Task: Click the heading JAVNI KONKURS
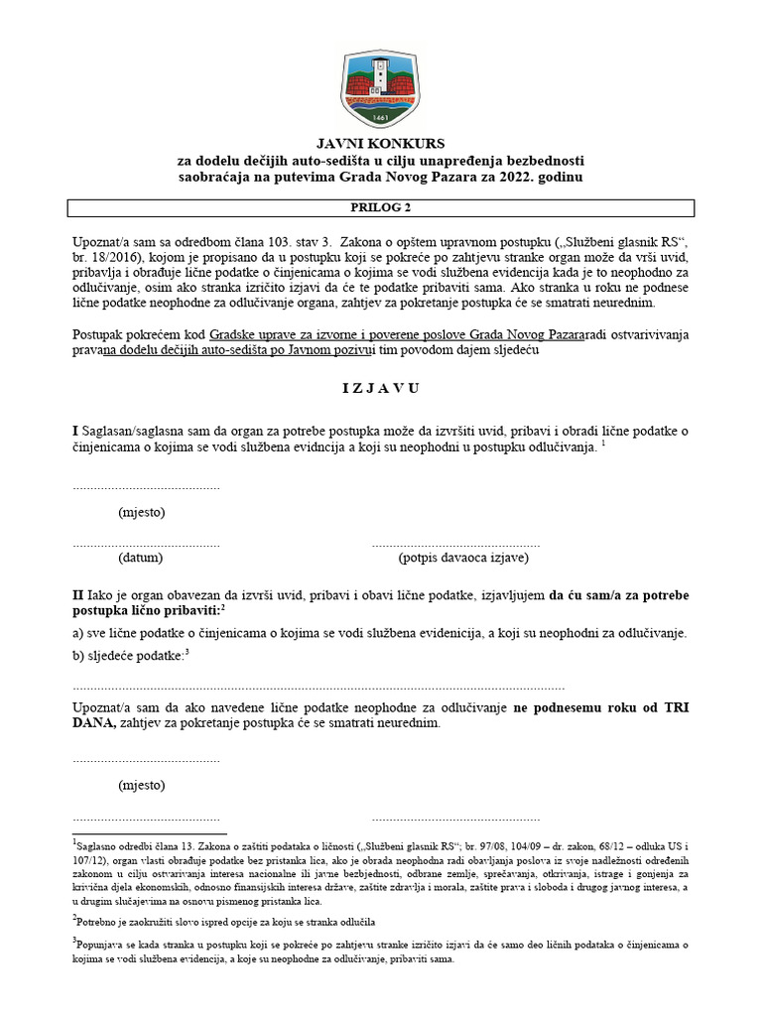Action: (380, 143)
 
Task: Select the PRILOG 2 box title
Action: (380, 208)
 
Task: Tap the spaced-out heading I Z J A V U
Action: (380, 388)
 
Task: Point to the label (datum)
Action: (141, 559)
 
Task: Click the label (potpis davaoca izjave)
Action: (463, 559)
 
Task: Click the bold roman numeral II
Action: (78, 594)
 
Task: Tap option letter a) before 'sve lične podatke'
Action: (77, 633)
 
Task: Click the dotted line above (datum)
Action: (146, 544)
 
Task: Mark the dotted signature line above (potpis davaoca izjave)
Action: (455, 544)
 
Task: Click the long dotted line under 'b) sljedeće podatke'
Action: (318, 687)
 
